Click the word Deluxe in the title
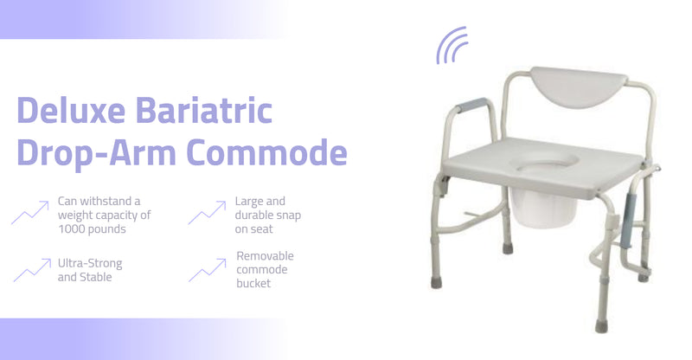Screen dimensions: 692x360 71,110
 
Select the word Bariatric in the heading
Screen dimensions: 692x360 203,110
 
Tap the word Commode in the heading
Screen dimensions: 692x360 266,151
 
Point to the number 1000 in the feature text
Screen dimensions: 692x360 71,228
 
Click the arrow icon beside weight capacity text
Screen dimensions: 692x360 30,212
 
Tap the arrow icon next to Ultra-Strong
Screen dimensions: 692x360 32,270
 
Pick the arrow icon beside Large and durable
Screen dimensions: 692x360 207,212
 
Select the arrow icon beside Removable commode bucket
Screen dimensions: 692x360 208,270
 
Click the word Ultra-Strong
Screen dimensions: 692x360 90,263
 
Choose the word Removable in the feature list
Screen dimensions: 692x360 265,256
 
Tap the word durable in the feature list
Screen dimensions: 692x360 254,215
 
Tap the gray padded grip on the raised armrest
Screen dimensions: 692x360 471,105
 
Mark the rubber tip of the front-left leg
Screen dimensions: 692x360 436,283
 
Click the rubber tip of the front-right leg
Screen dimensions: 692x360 601,327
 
